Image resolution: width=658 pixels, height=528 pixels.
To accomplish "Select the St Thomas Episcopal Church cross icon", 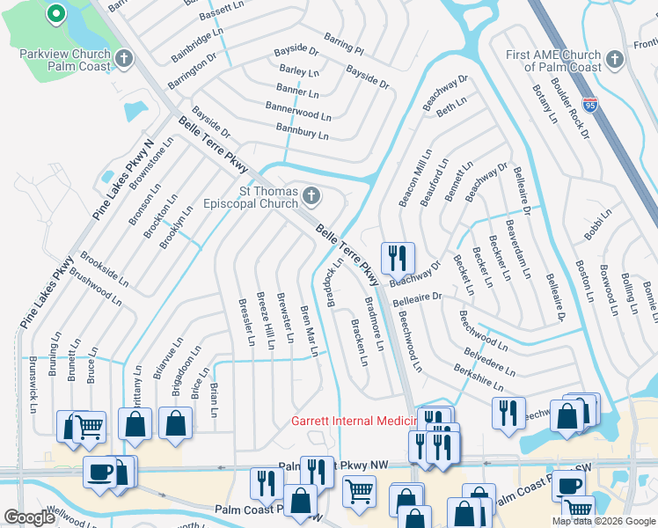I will [310, 195].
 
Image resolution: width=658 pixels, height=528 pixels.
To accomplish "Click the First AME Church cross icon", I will [614, 60].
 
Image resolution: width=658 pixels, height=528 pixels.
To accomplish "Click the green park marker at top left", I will [55, 14].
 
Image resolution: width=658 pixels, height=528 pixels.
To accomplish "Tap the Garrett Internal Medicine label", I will [352, 422].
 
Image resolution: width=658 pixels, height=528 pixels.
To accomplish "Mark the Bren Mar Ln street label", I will [309, 330].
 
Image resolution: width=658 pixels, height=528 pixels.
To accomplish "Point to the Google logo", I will [30, 517].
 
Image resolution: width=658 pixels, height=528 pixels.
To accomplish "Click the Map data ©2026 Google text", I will [603, 521].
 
